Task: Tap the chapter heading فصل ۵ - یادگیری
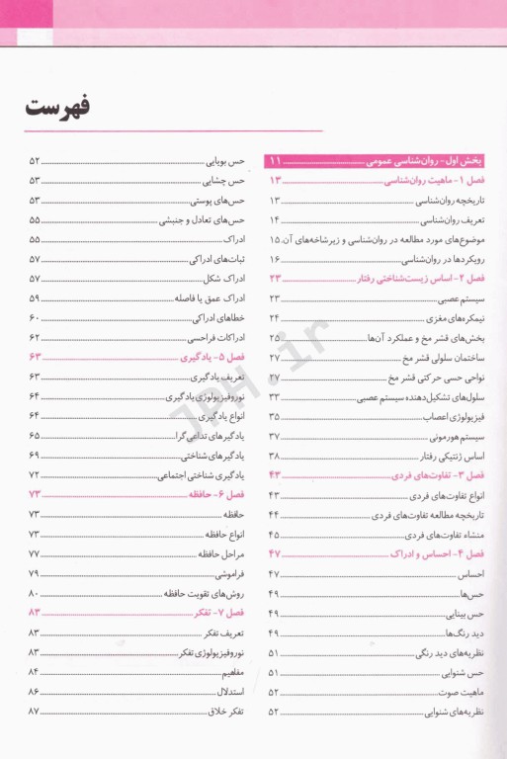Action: [x=219, y=357]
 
